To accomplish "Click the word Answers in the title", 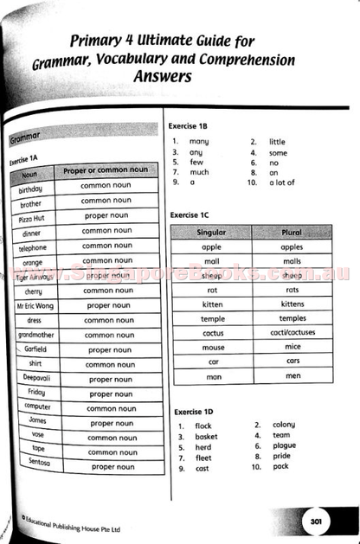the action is [164, 77].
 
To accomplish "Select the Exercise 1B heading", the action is [190, 126].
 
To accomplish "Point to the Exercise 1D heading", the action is [193, 411].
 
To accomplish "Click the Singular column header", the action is [211, 233].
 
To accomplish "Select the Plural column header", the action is [292, 233].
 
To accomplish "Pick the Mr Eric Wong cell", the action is [36, 304].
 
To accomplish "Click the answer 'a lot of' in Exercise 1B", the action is [282, 182].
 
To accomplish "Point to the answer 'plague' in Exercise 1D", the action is [284, 445].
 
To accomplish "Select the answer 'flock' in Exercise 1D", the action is [203, 426].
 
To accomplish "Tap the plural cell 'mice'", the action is [292, 347].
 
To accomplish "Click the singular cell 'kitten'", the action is [212, 304].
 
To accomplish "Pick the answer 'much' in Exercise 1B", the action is [199, 172].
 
